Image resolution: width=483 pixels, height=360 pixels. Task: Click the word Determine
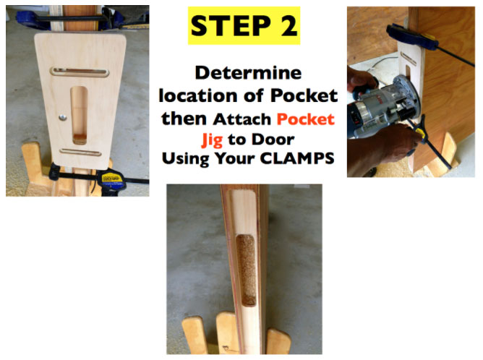248,73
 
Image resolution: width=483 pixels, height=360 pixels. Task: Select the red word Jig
213,140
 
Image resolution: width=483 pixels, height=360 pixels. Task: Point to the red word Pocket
305,119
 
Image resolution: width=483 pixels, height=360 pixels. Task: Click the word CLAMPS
297,158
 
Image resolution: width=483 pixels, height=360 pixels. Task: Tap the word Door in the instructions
273,140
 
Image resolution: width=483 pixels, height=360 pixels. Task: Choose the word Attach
241,119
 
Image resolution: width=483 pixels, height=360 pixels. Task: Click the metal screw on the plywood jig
62,117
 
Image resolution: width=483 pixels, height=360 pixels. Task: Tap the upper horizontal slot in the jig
80,72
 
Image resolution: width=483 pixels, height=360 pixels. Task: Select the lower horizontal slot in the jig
80,152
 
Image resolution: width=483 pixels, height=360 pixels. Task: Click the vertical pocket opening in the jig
79,116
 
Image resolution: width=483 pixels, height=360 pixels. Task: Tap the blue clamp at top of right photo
412,36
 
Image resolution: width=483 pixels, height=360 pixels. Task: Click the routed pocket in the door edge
246,270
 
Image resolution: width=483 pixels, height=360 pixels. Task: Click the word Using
185,159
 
